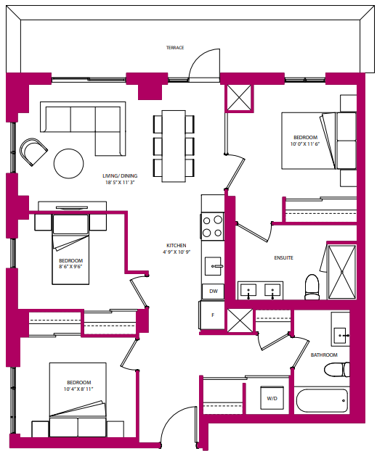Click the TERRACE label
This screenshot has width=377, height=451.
click(x=174, y=48)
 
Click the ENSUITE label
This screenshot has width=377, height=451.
click(x=283, y=257)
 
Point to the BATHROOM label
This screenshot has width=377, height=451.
click(x=324, y=355)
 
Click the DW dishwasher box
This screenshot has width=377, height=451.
click(x=214, y=291)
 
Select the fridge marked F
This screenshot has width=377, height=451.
click(x=213, y=315)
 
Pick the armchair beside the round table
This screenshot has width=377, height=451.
click(x=33, y=152)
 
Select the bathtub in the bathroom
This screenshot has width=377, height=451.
click(x=323, y=400)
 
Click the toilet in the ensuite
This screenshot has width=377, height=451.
click(x=312, y=287)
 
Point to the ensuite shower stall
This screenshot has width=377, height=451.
click(x=341, y=272)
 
